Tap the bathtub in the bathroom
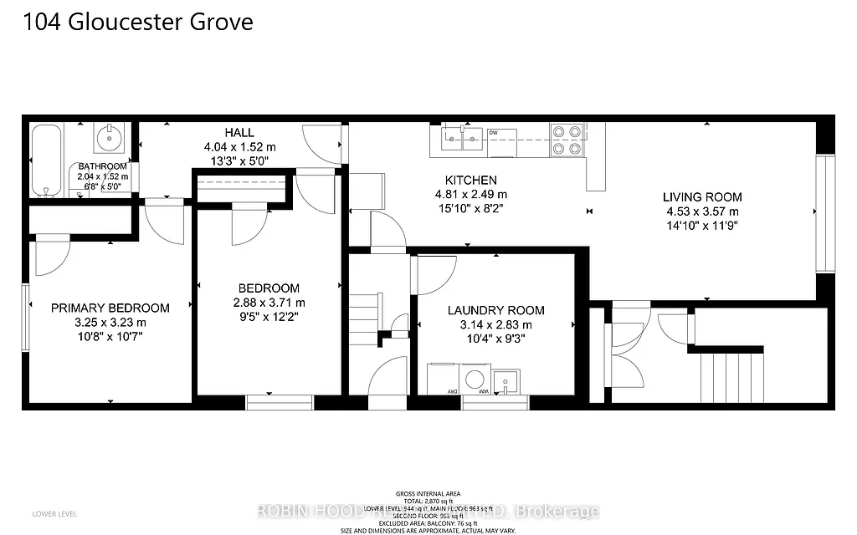click(x=47, y=160)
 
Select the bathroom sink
click(x=110, y=139)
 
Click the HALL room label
click(x=239, y=133)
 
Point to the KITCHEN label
click(x=470, y=180)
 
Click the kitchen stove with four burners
click(x=567, y=140)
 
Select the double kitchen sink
click(x=461, y=135)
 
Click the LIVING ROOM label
click(x=702, y=197)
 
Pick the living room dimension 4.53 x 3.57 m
click(x=702, y=211)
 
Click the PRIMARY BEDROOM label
click(x=110, y=308)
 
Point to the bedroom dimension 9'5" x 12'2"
click(x=269, y=318)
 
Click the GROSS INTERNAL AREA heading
click(x=428, y=493)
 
